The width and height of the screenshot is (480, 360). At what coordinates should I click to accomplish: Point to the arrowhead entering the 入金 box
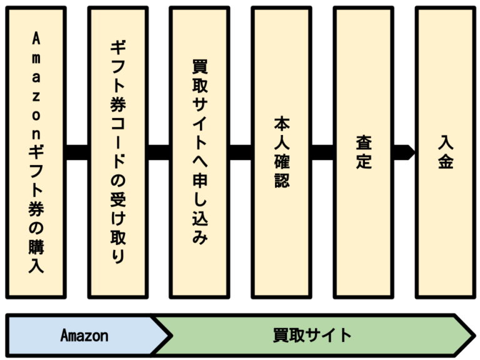click(409, 152)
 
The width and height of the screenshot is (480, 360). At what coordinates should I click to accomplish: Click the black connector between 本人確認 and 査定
click(322, 152)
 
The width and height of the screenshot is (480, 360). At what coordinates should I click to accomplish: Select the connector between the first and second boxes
click(76, 152)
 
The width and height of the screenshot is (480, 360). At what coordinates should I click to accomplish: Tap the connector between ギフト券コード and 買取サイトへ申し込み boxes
click(158, 152)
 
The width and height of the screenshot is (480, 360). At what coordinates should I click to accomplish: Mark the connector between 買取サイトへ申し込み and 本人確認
click(240, 152)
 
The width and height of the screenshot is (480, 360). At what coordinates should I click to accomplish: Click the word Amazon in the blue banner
click(84, 336)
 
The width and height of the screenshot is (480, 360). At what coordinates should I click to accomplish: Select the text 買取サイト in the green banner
click(312, 336)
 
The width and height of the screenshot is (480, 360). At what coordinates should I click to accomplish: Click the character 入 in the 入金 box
click(445, 142)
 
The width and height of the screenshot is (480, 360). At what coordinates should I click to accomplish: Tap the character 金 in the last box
click(445, 162)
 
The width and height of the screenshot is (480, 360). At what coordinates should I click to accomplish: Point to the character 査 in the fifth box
click(363, 142)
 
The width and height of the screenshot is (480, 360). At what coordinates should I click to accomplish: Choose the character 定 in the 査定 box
click(363, 162)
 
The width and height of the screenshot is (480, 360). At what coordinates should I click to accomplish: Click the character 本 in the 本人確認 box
click(281, 122)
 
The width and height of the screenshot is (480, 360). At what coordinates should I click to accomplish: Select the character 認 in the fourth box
click(281, 182)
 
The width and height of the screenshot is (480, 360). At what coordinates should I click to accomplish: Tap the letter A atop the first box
click(36, 39)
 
